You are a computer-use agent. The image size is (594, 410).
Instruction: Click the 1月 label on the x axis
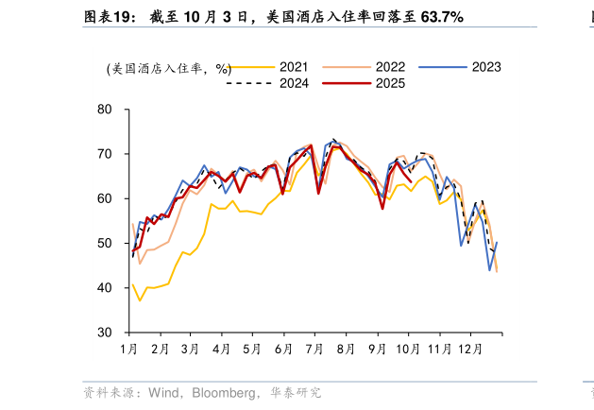[129, 349]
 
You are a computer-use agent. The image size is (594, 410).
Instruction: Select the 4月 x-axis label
[222, 349]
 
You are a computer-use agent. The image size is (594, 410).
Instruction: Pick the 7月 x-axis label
[314, 349]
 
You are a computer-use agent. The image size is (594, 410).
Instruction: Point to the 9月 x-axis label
[377, 349]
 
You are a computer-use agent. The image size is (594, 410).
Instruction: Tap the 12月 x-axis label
[472, 349]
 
